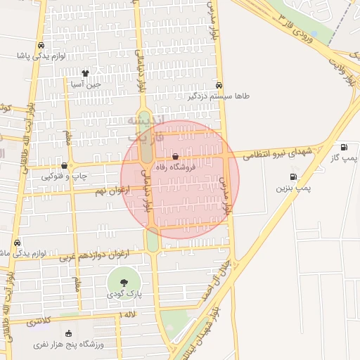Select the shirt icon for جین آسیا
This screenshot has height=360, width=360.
coord(85,72)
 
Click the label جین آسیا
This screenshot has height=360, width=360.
coord(86,84)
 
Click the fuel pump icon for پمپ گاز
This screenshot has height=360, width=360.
coord(344,147)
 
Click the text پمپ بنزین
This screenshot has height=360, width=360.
coord(292,188)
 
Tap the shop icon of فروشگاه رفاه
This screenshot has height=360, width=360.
coord(175,157)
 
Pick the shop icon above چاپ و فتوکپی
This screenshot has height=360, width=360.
coord(65,166)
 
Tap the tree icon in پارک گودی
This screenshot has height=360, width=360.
coord(124,283)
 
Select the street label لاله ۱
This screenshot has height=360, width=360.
coord(131,313)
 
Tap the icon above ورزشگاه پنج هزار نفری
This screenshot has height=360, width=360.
coord(68,333)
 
